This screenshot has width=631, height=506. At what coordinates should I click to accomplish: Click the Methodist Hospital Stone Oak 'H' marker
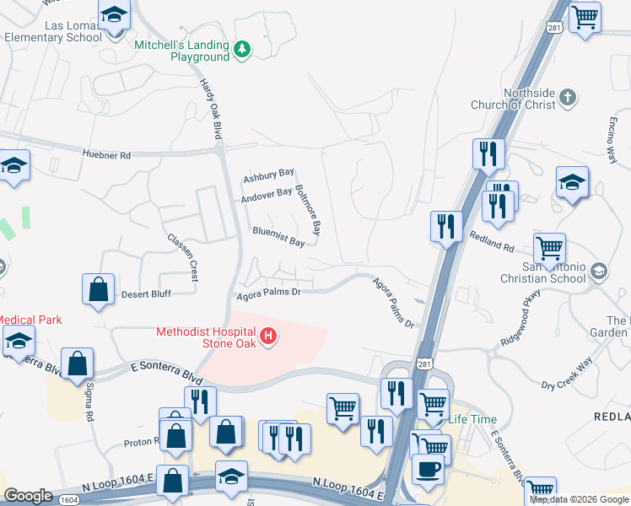pyautogui.click(x=268, y=337)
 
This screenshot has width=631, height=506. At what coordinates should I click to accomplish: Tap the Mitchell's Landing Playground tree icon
pyautogui.click(x=242, y=50)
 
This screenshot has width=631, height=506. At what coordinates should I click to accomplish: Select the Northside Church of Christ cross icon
pyautogui.click(x=568, y=97)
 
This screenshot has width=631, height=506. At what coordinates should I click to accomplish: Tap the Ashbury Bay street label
pyautogui.click(x=268, y=176)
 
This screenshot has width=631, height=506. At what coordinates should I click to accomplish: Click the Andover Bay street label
pyautogui.click(x=266, y=196)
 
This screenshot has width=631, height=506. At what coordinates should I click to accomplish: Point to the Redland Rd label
pyautogui.click(x=492, y=243)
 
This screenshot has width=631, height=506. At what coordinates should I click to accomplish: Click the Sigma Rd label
pyautogui.click(x=88, y=401)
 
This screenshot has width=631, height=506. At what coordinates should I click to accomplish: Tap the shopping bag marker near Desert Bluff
pyautogui.click(x=99, y=289)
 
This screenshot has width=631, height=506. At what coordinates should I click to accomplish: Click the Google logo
pyautogui.click(x=29, y=496)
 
